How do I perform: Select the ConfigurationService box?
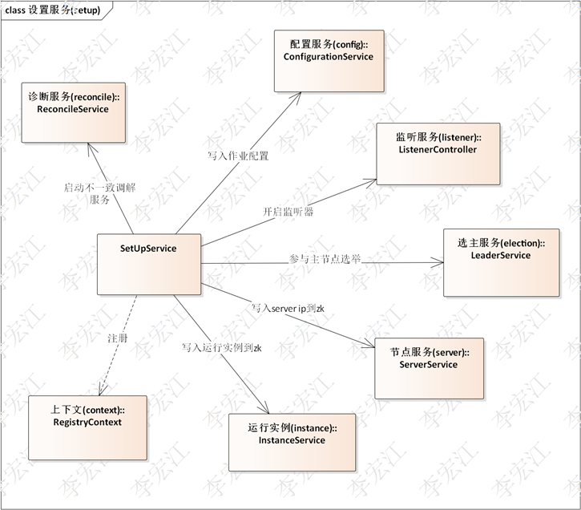(x=329, y=62)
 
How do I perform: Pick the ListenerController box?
(x=438, y=153)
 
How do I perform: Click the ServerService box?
(x=435, y=367)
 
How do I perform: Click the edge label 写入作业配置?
(x=237, y=156)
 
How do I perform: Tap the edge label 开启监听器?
(x=288, y=212)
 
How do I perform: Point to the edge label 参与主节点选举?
(x=325, y=260)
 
